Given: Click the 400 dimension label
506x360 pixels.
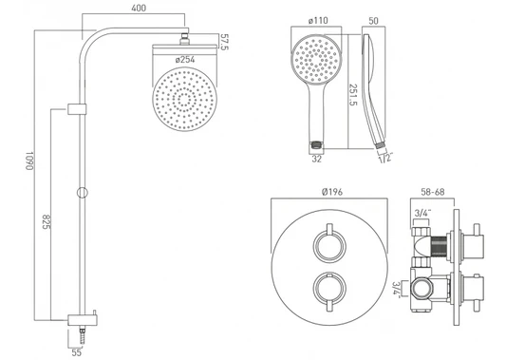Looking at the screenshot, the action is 139,8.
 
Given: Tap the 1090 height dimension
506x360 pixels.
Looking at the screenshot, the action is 29,161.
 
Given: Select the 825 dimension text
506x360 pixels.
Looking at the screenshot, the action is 47,222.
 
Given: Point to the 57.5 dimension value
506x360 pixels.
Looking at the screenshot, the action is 224,42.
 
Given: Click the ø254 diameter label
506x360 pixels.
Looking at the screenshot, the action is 185,60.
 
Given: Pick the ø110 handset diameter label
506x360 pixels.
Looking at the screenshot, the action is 318,21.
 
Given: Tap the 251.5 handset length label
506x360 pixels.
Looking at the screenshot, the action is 354,95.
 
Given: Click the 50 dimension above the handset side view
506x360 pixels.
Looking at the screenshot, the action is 373,21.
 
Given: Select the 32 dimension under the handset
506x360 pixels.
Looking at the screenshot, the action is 316,159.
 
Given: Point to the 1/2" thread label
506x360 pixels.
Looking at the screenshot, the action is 385,158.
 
